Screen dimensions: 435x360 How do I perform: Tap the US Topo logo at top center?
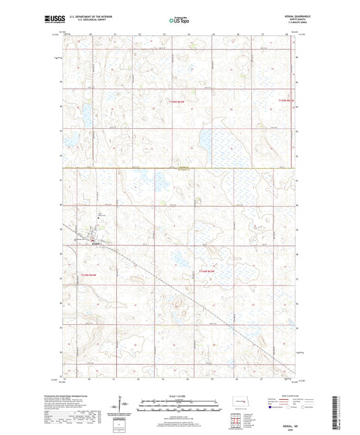coord(179,21)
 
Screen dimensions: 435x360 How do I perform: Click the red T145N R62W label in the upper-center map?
coord(179,101)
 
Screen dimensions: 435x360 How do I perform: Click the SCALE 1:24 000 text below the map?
coord(179,396)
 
